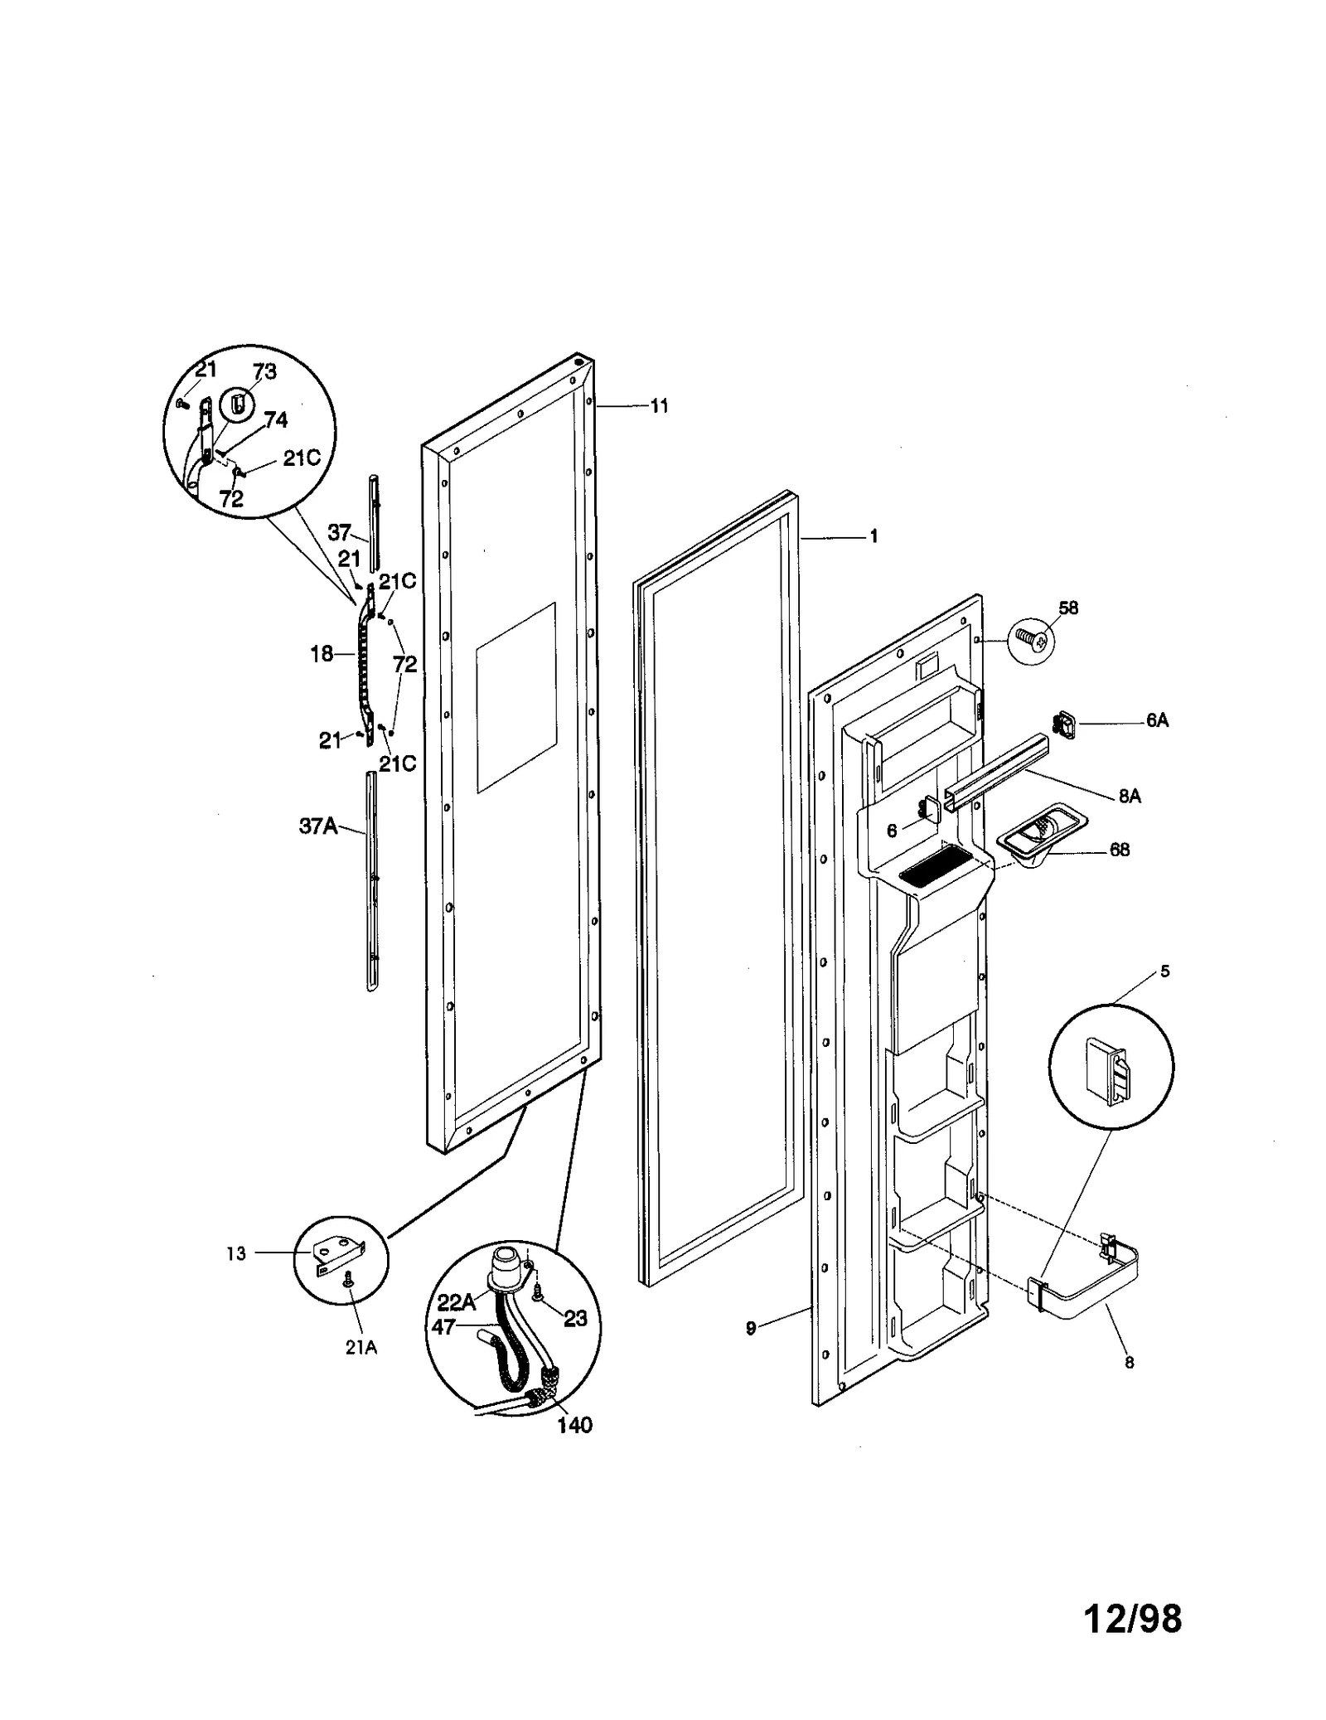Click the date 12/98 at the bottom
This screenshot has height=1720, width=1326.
1132,1618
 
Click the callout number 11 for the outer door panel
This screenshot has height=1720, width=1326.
659,406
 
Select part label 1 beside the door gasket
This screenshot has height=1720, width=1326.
873,536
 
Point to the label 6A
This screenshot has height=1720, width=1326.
1157,720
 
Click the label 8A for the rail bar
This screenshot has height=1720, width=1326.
1129,796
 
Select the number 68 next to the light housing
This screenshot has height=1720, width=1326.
1119,850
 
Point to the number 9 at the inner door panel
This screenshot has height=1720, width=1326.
751,1329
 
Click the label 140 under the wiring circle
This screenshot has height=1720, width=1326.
574,1425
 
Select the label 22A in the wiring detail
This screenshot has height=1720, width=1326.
456,1302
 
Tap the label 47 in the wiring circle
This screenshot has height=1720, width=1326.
443,1327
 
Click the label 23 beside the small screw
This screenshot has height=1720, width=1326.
575,1318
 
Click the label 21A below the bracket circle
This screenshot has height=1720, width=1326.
361,1348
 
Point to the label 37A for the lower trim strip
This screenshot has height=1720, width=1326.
317,826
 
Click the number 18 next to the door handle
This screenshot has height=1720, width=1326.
322,654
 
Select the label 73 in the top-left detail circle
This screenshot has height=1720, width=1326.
264,371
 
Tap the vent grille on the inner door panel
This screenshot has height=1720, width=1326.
935,870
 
